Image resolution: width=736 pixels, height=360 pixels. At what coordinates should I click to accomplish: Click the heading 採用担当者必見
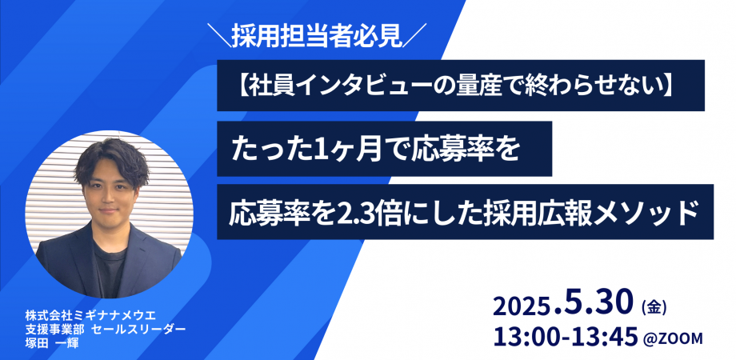pyautogui.click(x=320, y=35)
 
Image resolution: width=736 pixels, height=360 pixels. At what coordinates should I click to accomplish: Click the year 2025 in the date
pyautogui.click(x=521, y=307)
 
